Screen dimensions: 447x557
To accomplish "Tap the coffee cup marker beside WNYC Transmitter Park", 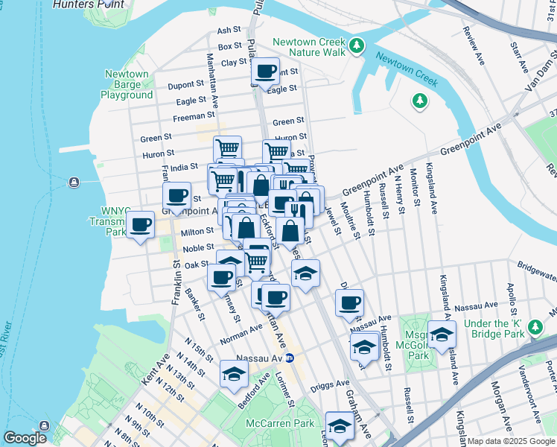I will [140, 223].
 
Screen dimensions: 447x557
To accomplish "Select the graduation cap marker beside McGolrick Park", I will [442, 333].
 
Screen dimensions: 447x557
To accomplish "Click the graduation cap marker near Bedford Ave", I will [234, 374].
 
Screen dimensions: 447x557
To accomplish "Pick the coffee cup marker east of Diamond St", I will [349, 302].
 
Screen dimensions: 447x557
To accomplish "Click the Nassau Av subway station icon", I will [291, 358].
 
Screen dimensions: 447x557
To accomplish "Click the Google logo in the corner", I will [25, 438].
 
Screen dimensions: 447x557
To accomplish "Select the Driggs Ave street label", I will [331, 384].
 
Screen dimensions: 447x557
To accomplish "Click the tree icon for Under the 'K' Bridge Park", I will [535, 326].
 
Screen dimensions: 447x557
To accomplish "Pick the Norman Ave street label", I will [241, 335].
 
